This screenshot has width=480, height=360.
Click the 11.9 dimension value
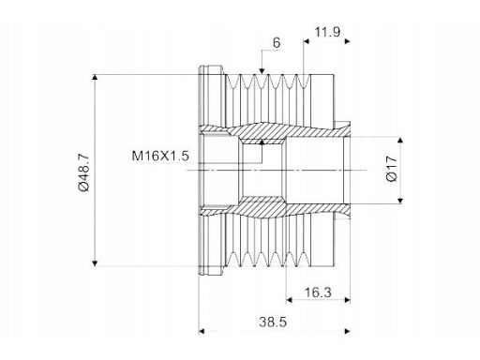[327, 32]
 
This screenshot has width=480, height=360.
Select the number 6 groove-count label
[277, 43]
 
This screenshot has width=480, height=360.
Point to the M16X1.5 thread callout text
[160, 156]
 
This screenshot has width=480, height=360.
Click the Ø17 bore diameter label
[392, 169]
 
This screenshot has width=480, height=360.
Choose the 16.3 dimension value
[318, 292]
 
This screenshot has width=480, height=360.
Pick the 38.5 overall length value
[273, 322]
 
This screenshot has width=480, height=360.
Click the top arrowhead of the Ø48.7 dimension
[95, 78]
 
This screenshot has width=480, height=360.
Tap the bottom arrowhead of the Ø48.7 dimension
[95, 263]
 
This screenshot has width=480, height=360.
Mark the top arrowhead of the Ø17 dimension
[400, 140]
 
